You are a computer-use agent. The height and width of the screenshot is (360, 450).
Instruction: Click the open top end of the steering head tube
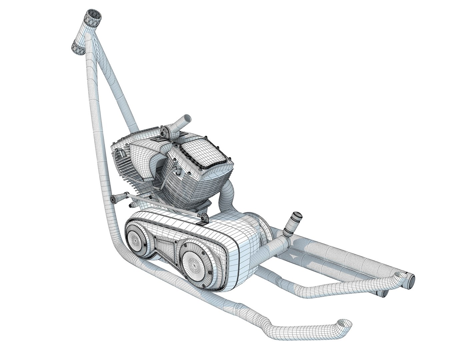pos(94,15)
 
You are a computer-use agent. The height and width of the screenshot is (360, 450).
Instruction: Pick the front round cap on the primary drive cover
pos(136,239)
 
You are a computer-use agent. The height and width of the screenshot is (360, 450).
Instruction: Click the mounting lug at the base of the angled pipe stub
pos(165,132)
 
